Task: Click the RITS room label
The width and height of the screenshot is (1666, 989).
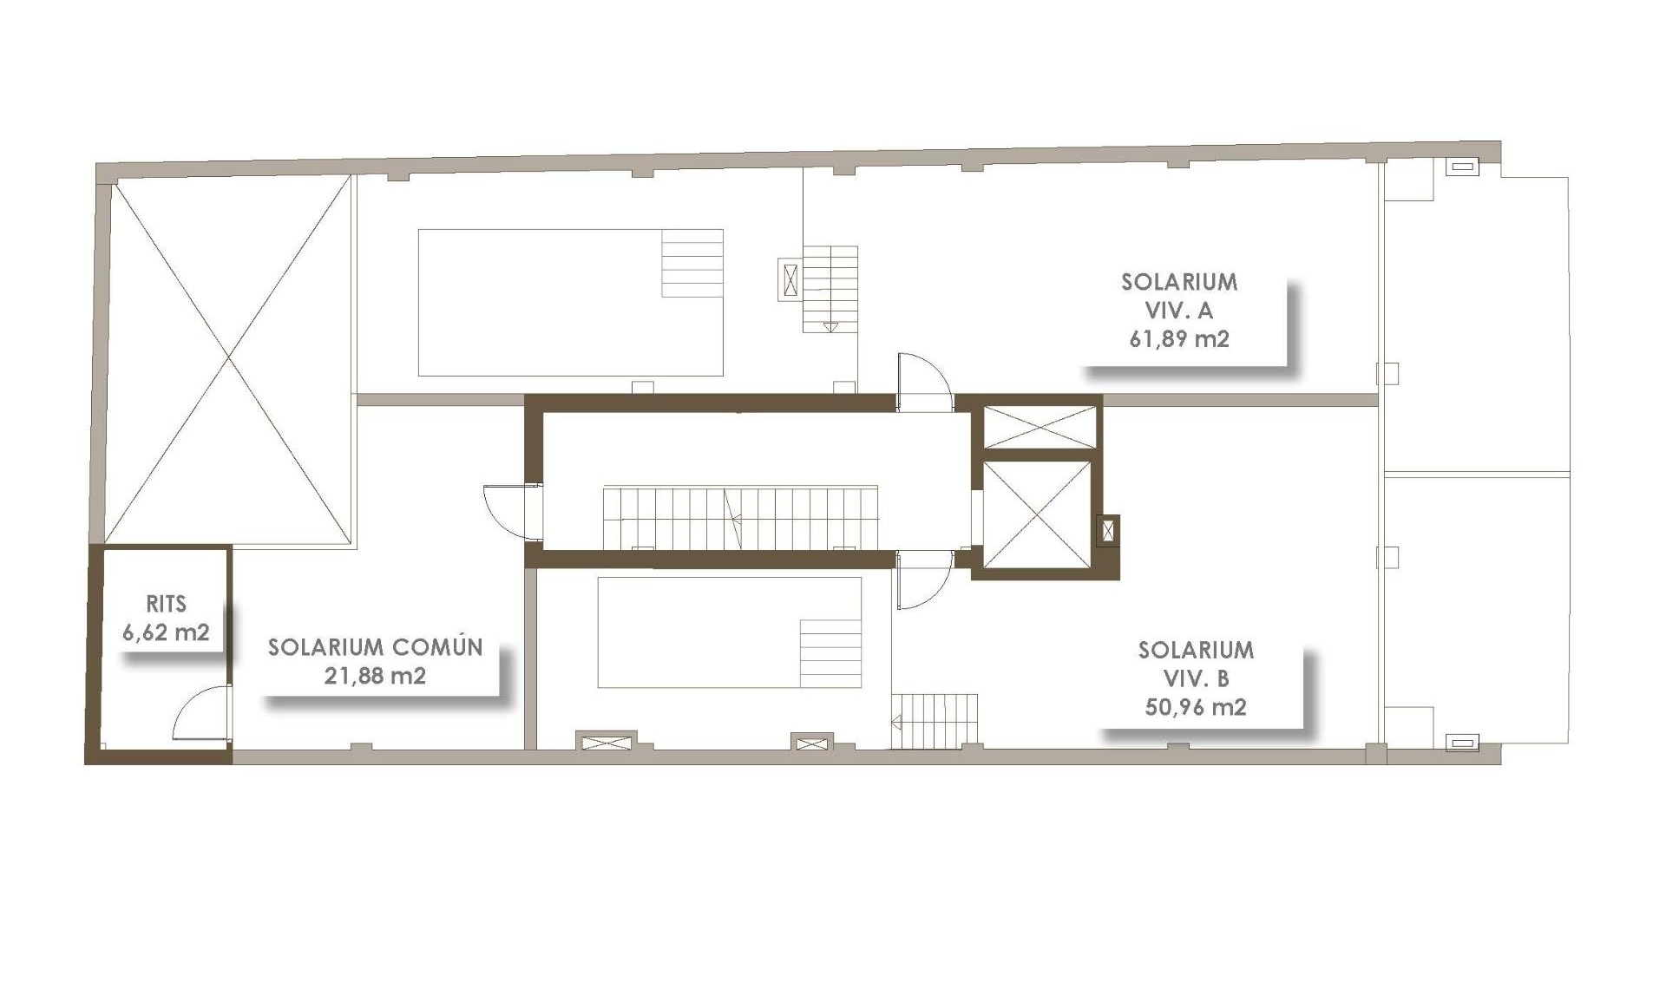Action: point(166,604)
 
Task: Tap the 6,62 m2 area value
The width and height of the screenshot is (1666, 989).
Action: point(166,632)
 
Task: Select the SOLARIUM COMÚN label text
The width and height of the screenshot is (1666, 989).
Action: point(375,647)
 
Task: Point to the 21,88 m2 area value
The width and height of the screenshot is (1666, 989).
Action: point(375,676)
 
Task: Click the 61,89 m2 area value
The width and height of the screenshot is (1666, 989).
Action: point(1179,339)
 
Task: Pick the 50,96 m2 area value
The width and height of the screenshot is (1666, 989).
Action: point(1196,707)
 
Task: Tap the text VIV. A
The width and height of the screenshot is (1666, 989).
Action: point(1179,311)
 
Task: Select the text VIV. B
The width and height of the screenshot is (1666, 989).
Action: point(1196,678)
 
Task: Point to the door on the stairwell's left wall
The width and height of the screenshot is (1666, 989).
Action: point(507,510)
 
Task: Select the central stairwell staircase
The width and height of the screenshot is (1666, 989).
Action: point(739,518)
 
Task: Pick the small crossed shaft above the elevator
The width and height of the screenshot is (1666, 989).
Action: point(1040,427)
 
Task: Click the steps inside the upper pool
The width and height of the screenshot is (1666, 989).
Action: point(692,264)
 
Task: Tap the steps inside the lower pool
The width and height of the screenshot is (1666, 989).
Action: point(830,653)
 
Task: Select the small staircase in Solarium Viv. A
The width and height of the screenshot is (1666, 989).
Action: point(830,289)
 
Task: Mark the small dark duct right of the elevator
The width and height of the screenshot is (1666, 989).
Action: point(1108,530)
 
